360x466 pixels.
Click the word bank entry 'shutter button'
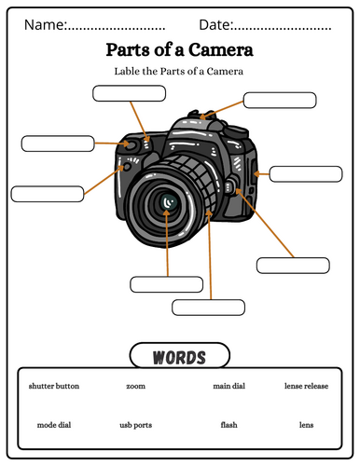click(54, 386)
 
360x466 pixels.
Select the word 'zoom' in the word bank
click(135, 386)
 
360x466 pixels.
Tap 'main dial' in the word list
click(229, 386)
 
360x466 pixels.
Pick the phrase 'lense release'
click(306, 386)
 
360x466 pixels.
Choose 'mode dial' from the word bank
click(54, 425)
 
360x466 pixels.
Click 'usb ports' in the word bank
click(136, 425)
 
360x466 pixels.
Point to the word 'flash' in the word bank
click(228, 425)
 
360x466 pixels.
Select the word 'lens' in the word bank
click(306, 425)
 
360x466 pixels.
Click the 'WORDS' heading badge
click(180, 356)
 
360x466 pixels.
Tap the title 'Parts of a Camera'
click(180, 49)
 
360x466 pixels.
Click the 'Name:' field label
click(46, 25)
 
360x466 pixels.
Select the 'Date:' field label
click(215, 25)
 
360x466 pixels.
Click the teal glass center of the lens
click(169, 202)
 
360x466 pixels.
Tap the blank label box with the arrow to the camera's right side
click(306, 174)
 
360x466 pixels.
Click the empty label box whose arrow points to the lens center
click(166, 284)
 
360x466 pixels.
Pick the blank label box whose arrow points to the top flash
click(280, 101)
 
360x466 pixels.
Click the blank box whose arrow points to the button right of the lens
click(293, 266)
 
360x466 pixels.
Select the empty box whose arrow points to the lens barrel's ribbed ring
click(208, 308)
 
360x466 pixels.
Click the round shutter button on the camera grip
click(132, 144)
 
